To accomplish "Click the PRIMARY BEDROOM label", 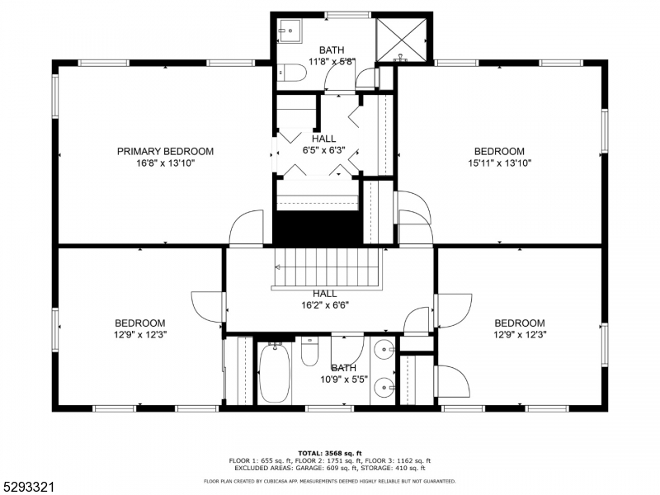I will point(165,151).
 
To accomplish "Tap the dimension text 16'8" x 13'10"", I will point(165,163).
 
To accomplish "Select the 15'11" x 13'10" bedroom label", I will point(499,163).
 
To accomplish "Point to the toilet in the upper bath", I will point(290,74).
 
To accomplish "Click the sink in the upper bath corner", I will point(288,31).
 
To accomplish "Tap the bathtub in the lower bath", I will point(274,374).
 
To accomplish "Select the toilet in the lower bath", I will point(310,353).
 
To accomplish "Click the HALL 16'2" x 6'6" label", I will point(325,299).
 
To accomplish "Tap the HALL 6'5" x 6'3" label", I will point(323,144).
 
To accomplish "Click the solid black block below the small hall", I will point(318,227).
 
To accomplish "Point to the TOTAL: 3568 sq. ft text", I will point(330,454).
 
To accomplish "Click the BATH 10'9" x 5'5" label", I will point(343,374).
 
